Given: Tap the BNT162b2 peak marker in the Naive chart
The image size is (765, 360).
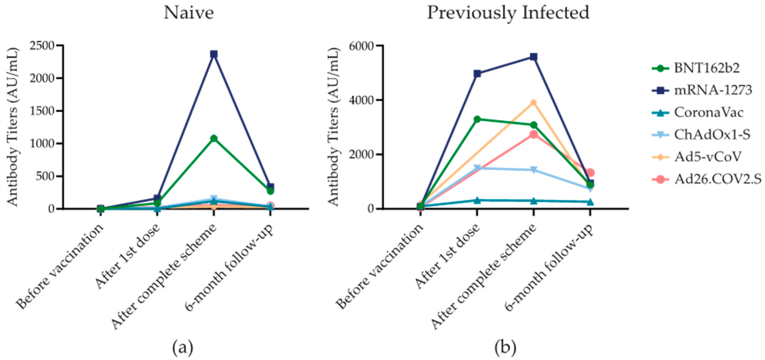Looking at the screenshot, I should [214, 138].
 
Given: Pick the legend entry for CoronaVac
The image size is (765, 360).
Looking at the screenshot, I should [708, 113].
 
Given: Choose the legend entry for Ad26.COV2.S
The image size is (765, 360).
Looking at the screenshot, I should [717, 179].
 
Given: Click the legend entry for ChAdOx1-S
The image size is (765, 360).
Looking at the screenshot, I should [711, 135].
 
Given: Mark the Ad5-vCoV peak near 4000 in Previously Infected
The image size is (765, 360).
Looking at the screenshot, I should [534, 102].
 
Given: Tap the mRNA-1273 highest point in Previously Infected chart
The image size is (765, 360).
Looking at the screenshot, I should [534, 57].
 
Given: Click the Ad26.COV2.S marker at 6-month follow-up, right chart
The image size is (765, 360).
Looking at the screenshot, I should [590, 172].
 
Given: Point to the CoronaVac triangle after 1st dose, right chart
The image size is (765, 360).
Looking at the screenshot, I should [477, 200].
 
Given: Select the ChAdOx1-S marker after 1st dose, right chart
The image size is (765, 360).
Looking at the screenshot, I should [477, 168].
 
